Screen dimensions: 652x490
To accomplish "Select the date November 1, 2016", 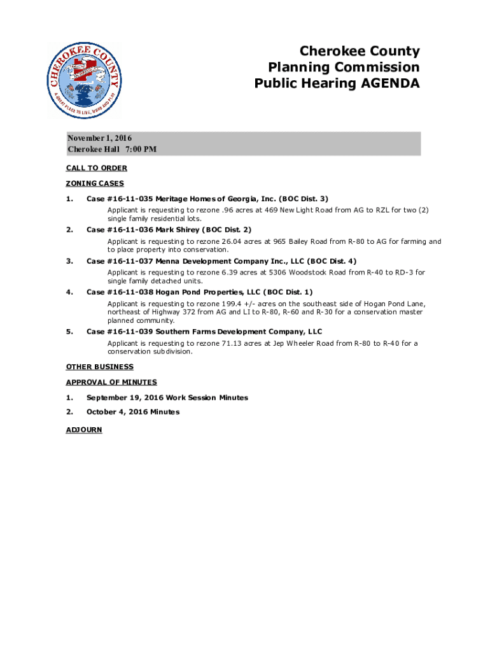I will [x=100, y=138].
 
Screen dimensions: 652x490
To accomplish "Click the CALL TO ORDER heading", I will [x=96, y=168].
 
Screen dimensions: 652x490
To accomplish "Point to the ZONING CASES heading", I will [x=95, y=183].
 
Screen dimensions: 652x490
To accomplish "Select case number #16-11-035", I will [x=130, y=199].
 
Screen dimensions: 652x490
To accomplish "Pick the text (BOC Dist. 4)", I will [x=333, y=261].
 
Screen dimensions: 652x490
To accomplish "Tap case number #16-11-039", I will [x=130, y=332].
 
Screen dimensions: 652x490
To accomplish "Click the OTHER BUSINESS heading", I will [x=100, y=367].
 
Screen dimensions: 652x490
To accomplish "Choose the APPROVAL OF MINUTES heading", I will [x=111, y=382].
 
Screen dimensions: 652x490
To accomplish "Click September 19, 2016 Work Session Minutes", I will [x=167, y=397].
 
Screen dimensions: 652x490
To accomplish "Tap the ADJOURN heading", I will [x=84, y=430].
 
